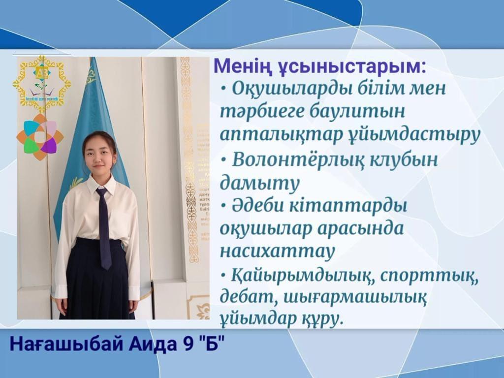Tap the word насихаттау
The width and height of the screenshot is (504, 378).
click(277, 251)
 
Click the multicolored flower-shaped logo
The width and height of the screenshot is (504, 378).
click(40, 137)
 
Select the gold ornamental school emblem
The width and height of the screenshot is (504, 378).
click(42, 84)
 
